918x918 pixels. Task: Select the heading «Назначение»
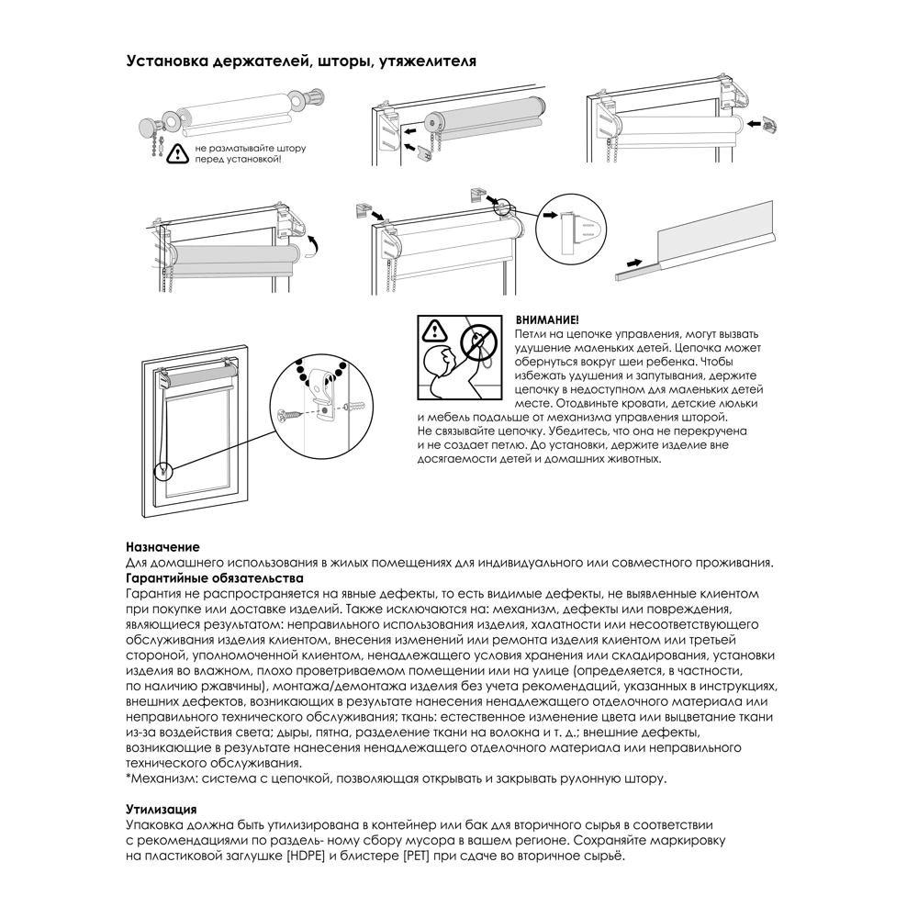click(162, 546)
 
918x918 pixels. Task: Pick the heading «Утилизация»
click(161, 809)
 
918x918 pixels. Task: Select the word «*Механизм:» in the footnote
click(157, 778)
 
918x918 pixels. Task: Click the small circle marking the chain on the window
click(164, 472)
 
